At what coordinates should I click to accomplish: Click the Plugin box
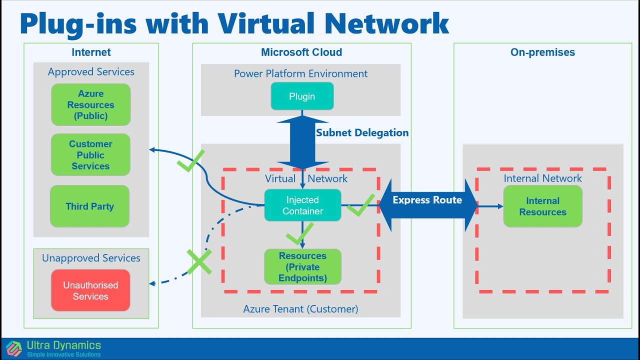pos(302,96)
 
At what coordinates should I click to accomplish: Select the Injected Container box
pos(302,205)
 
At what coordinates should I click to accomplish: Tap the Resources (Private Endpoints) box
pos(302,266)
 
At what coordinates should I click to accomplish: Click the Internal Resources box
pos(542,206)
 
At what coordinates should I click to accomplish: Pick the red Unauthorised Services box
pos(90,290)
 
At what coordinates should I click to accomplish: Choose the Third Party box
pos(90,206)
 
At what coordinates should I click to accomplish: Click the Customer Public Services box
pos(90,155)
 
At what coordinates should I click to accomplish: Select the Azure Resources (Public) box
pos(90,104)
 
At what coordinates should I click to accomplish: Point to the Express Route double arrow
pos(427,205)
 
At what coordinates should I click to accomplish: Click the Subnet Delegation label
pos(362,132)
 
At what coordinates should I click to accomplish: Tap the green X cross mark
pos(199,261)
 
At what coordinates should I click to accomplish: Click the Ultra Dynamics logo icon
pos(14,348)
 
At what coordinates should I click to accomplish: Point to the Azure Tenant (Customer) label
pos(300,309)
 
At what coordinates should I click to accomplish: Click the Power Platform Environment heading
pos(300,73)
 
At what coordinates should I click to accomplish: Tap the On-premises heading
pos(542,52)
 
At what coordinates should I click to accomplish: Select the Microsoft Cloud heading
pos(301,52)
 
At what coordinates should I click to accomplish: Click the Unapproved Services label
pos(91,258)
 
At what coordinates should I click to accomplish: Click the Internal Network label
pos(542,178)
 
